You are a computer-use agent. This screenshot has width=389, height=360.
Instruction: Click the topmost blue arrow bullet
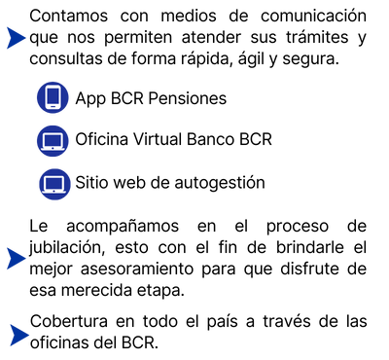15,38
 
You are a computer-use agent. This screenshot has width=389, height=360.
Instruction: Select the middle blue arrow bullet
15,258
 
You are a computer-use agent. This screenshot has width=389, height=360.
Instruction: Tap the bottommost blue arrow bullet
18,335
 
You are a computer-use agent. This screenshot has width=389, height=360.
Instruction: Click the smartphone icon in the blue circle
53,97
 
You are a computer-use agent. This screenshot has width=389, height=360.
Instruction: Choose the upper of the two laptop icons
53,141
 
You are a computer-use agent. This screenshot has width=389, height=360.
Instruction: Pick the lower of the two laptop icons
54,184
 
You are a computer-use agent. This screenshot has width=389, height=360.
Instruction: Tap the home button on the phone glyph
53,107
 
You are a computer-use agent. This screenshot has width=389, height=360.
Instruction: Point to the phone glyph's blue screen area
53,95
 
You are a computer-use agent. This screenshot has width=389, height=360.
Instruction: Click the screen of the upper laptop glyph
53,140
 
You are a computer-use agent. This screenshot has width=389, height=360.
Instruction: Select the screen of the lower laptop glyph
54,182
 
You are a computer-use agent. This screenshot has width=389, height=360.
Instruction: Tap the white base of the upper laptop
53,148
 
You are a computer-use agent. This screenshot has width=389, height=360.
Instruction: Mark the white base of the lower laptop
54,191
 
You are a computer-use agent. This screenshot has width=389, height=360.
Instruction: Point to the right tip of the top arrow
27,38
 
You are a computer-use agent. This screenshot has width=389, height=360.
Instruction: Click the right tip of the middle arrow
28,258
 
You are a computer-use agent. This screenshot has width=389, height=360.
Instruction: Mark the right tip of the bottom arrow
32,335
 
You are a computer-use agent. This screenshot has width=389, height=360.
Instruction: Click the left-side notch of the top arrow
9,38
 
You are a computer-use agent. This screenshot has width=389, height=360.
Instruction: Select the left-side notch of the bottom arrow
13,335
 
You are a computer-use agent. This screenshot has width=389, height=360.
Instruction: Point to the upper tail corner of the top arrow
5,25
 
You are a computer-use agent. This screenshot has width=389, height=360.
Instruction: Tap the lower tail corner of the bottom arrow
9,348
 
